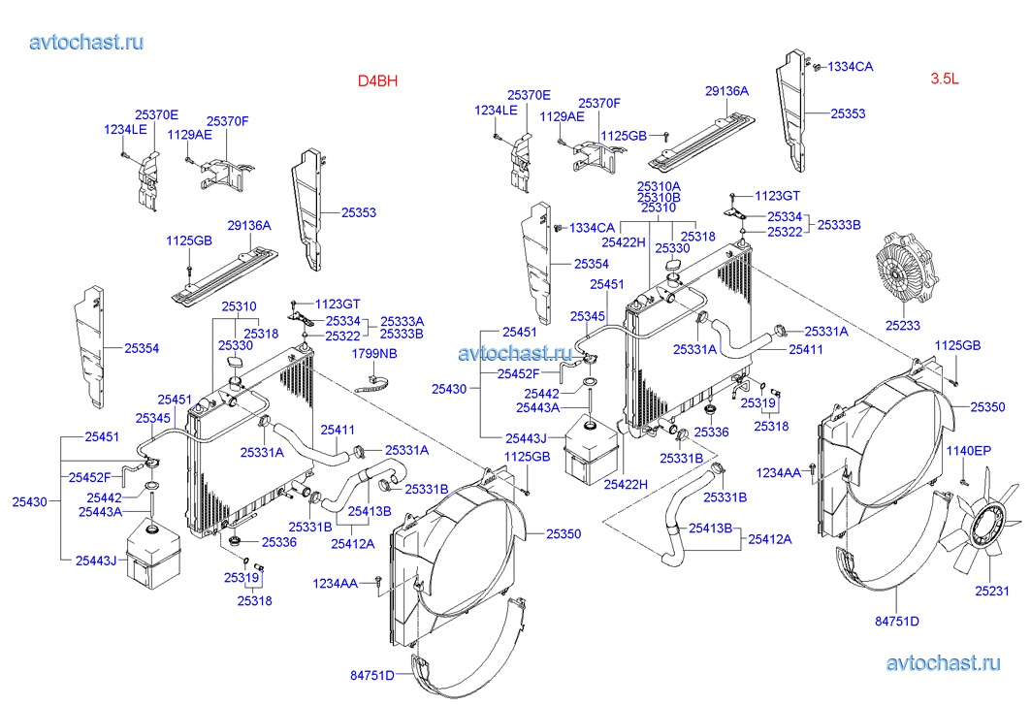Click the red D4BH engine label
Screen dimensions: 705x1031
tap(377, 81)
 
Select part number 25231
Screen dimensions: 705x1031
tap(992, 590)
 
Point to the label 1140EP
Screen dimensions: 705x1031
tap(970, 451)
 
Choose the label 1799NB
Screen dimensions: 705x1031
tap(374, 354)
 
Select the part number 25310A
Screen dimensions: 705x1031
tap(659, 185)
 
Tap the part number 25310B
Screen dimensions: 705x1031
tap(659, 197)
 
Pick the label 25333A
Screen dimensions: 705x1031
tap(403, 321)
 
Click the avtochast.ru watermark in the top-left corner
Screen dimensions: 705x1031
tap(87, 42)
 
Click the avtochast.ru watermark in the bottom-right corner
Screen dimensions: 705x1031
tap(943, 663)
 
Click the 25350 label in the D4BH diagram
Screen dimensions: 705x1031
tap(564, 533)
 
